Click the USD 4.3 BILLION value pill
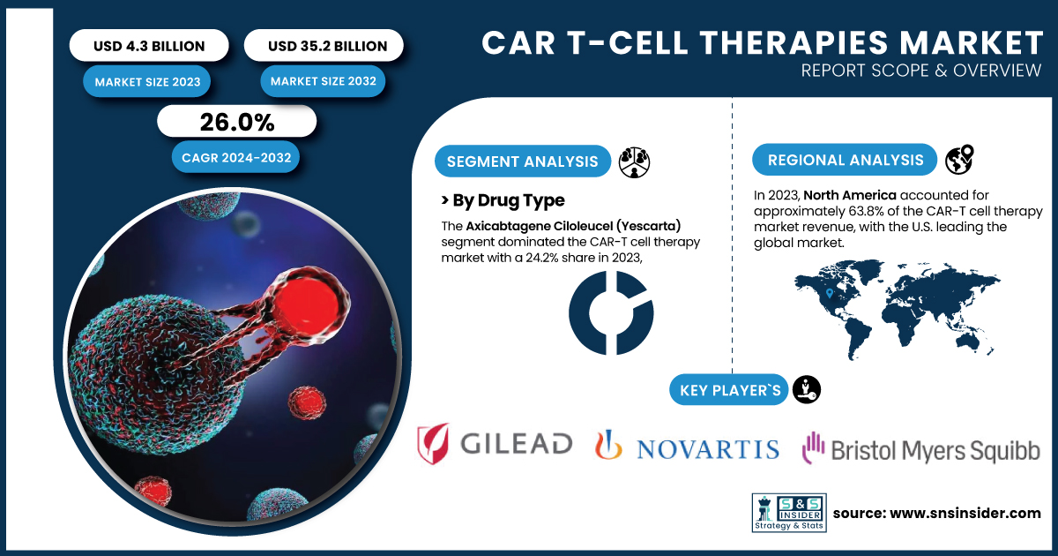[x=149, y=45]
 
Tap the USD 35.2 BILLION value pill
[x=324, y=45]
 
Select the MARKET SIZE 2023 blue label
[x=147, y=82]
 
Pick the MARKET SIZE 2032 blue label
[x=323, y=81]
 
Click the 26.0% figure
[x=236, y=122]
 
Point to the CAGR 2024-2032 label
[x=235, y=157]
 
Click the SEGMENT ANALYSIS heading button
[x=522, y=162]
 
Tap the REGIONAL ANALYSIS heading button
[x=845, y=160]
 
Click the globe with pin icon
[x=960, y=160]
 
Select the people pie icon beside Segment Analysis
[x=634, y=162]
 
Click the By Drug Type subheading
[x=503, y=200]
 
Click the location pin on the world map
[x=830, y=293]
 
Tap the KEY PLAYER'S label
[x=729, y=390]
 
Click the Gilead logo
[x=495, y=443]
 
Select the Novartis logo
[x=687, y=446]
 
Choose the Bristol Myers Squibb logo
[x=921, y=447]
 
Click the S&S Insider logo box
[x=789, y=513]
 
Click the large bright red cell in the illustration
[x=307, y=303]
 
